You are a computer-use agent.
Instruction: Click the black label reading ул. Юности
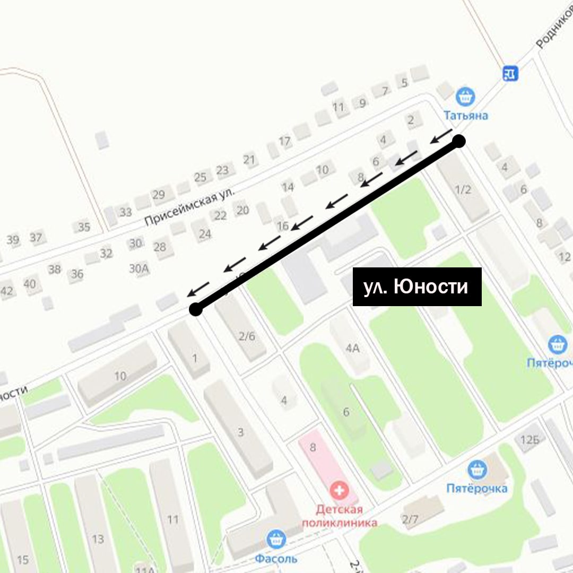[417, 286]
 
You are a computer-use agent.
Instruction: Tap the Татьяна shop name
[466, 115]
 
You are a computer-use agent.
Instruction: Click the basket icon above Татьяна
[465, 97]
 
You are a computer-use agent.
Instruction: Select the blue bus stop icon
[510, 73]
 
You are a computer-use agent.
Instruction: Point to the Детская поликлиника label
[340, 516]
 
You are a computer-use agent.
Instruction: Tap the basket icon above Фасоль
[276, 539]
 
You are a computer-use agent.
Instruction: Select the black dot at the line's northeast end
[459, 141]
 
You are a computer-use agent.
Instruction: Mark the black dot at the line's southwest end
[196, 309]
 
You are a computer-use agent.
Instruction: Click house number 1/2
[464, 189]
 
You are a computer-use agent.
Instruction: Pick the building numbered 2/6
[247, 336]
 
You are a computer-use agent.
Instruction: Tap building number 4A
[352, 349]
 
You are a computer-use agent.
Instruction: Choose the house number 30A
[139, 268]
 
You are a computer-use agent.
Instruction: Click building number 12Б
[529, 439]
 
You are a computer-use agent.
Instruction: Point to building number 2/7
[410, 519]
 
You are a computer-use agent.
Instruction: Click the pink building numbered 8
[312, 447]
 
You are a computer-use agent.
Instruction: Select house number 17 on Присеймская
[285, 141]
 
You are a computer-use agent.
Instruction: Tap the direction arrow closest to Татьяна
[440, 136]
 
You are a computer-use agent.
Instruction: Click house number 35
[84, 227]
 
